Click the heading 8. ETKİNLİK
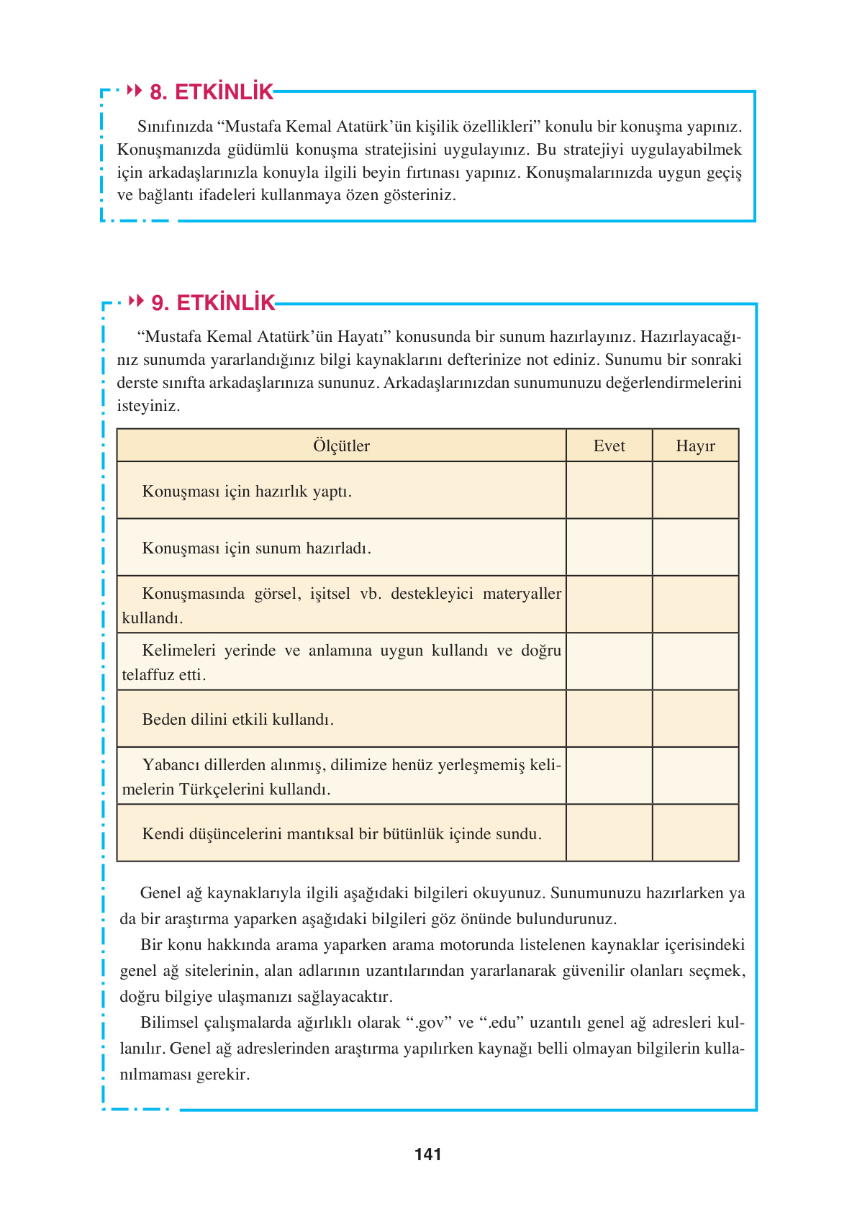click(211, 92)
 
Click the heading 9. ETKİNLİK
click(213, 303)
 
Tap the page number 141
click(428, 1154)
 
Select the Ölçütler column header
click(341, 446)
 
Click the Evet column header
click(609, 446)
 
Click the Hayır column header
click(695, 446)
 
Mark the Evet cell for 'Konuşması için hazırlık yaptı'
click(609, 490)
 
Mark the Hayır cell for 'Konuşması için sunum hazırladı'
click(695, 547)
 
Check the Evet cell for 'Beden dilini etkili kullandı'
click(609, 718)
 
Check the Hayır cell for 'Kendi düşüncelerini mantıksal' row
click(695, 833)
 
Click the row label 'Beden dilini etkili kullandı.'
click(238, 719)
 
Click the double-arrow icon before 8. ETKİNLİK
click(135, 91)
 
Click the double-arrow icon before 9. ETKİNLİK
click(136, 302)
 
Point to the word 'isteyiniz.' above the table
click(148, 406)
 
